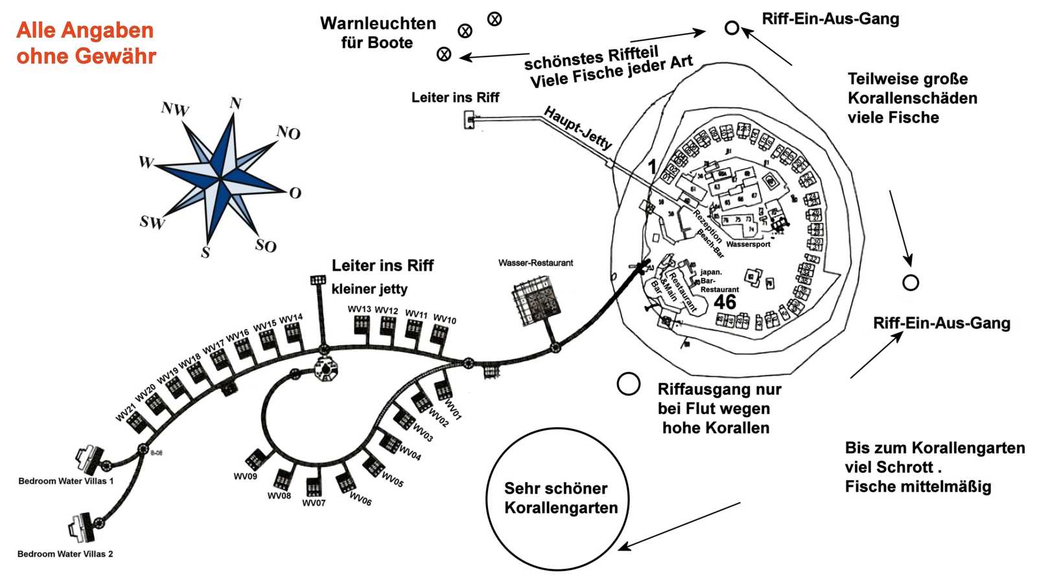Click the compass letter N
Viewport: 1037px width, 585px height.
coord(235,103)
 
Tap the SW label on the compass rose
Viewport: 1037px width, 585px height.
coord(152,222)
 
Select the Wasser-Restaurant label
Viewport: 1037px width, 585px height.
coord(535,263)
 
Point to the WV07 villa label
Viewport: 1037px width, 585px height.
coord(314,503)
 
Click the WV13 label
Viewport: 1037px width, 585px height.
coord(359,309)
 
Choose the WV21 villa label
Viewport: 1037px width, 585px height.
coord(126,413)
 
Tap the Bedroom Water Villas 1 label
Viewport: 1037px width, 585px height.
coord(65,481)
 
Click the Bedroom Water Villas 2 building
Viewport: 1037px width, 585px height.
coord(84,526)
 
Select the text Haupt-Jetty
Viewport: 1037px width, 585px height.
coord(577,128)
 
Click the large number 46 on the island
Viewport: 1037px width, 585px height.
coord(725,302)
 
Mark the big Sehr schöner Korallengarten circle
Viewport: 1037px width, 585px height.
coord(557,499)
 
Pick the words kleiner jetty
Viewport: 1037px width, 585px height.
coord(369,289)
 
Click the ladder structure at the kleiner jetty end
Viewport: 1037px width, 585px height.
coord(318,280)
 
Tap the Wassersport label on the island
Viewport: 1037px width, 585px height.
coord(748,244)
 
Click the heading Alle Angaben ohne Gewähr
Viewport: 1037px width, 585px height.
coord(86,43)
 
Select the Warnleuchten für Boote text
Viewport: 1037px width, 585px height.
coord(378,33)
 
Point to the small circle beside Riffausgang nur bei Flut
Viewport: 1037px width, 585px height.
coord(628,384)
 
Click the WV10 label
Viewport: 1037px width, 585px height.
coord(445,319)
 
